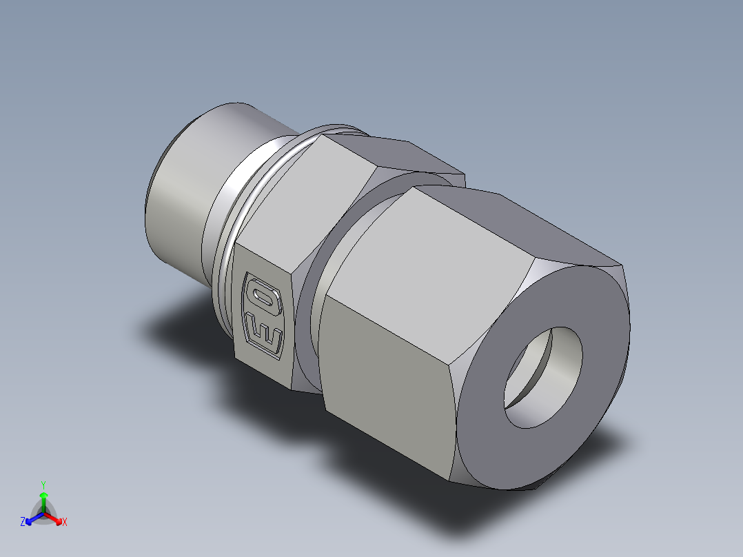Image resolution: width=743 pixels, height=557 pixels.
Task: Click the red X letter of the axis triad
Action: click(x=64, y=523)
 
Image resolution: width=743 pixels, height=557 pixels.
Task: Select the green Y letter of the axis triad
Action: click(x=43, y=485)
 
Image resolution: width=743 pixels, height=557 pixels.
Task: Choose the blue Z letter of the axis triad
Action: click(x=23, y=523)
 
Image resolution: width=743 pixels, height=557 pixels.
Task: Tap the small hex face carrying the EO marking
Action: click(x=265, y=314)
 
